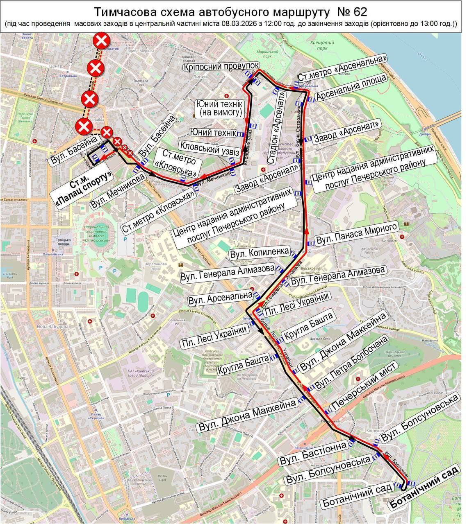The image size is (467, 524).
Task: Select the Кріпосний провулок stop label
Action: coord(221,67)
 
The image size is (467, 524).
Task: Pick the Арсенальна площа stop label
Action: coord(351,87)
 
